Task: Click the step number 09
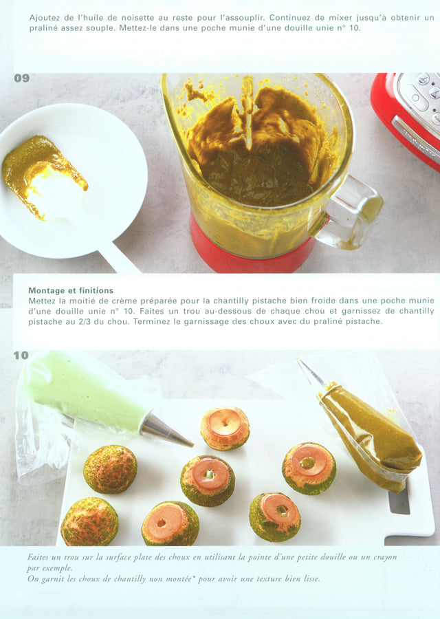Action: pyautogui.click(x=22, y=78)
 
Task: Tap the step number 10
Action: pyautogui.click(x=21, y=356)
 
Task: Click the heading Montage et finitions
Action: pyautogui.click(x=71, y=290)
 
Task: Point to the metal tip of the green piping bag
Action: pyautogui.click(x=166, y=431)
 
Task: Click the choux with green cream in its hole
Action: pyautogui.click(x=208, y=480)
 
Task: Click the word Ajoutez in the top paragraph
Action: pyautogui.click(x=44, y=18)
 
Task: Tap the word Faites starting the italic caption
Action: pyautogui.click(x=38, y=557)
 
